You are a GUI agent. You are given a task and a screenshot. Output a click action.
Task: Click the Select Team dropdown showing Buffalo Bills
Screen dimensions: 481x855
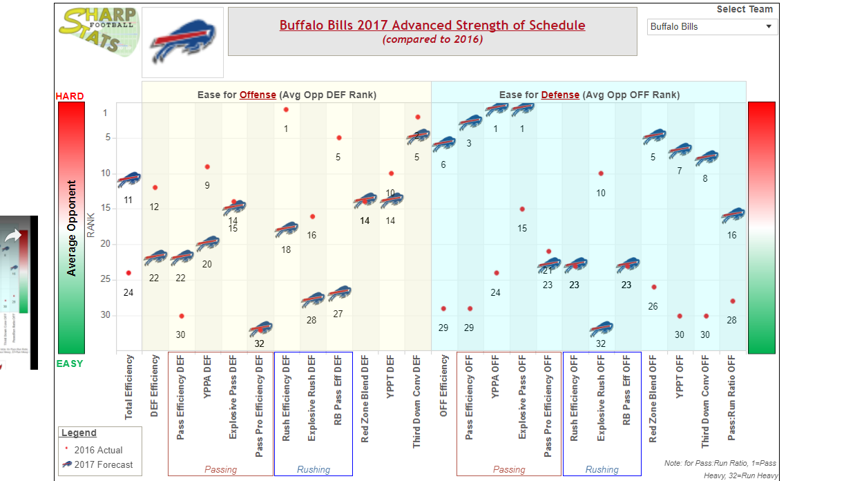(x=712, y=27)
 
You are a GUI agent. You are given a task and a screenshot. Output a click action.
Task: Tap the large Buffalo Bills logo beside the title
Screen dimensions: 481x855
(x=183, y=42)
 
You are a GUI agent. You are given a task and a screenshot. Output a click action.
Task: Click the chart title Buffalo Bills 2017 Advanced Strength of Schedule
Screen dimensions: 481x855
(x=432, y=26)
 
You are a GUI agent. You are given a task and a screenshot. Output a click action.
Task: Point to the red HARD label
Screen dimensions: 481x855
(x=70, y=96)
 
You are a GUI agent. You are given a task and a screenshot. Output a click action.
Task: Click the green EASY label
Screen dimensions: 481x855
(x=70, y=364)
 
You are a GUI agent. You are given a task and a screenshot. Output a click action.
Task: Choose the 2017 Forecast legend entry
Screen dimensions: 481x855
(x=103, y=465)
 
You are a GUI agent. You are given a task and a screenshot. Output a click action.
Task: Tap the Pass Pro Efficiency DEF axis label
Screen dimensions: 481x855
(x=259, y=406)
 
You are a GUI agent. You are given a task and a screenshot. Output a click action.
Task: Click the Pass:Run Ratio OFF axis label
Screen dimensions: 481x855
(x=732, y=397)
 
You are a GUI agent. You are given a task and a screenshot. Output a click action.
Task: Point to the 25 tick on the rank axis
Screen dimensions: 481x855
(x=105, y=279)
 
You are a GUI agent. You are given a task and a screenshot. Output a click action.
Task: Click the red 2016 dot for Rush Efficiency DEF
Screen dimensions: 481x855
(x=286, y=110)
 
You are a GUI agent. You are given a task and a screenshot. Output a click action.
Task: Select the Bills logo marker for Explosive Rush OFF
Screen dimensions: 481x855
(x=601, y=329)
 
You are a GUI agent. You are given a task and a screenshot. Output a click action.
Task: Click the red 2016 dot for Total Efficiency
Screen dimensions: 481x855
(x=129, y=273)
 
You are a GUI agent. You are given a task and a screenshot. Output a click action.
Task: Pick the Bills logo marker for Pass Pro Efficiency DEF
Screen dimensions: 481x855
(x=260, y=329)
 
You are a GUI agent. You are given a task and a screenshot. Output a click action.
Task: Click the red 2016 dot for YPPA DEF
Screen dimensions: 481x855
(x=207, y=167)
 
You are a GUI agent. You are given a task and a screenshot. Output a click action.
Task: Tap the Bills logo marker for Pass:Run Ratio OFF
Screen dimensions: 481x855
(x=732, y=216)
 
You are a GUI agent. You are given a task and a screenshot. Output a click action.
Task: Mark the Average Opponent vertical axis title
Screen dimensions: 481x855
(x=71, y=229)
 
